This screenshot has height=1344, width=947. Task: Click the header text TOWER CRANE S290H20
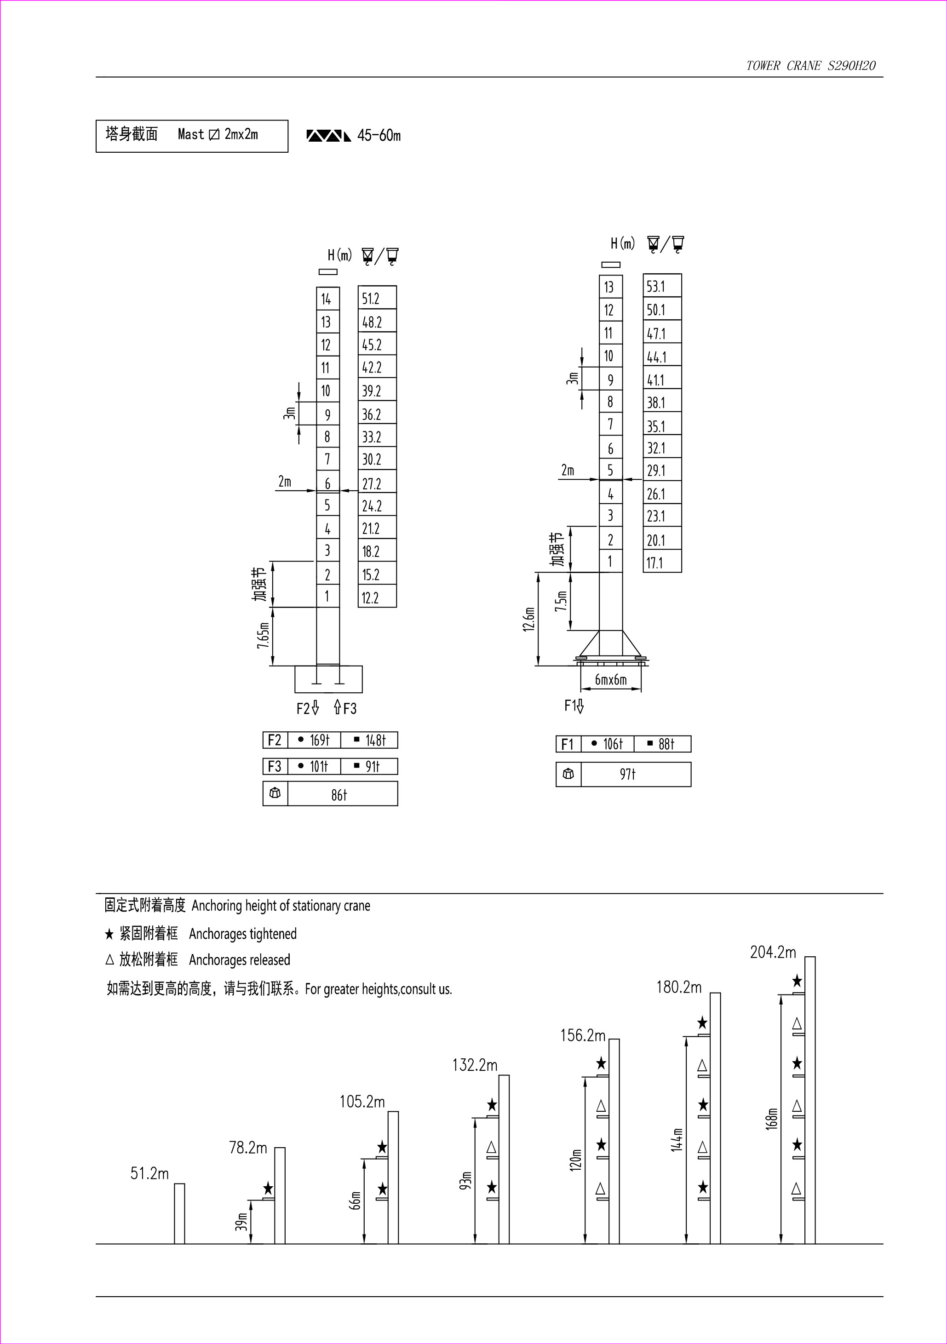(x=810, y=66)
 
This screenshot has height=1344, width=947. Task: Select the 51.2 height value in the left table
(x=371, y=299)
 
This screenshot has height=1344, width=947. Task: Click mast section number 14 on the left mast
(x=326, y=299)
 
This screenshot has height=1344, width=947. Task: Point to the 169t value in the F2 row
(x=320, y=740)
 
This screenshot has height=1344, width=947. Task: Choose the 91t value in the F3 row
(x=372, y=766)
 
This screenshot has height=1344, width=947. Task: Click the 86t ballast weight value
(x=339, y=794)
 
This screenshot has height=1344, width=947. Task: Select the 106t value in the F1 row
(x=613, y=744)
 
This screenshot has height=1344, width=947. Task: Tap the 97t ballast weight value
(x=627, y=774)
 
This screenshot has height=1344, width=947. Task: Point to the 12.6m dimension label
(x=529, y=619)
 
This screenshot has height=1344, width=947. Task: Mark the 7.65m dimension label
(x=264, y=636)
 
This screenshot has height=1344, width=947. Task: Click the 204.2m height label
(x=773, y=953)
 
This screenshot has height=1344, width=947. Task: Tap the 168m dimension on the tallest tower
(x=771, y=1118)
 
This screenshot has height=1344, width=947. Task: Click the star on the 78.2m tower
(x=268, y=1188)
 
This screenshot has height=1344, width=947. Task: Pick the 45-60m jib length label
(x=379, y=135)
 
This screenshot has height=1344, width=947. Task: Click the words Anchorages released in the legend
(x=239, y=959)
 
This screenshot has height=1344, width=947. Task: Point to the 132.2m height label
(x=474, y=1065)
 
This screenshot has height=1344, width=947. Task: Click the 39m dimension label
(x=241, y=1221)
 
